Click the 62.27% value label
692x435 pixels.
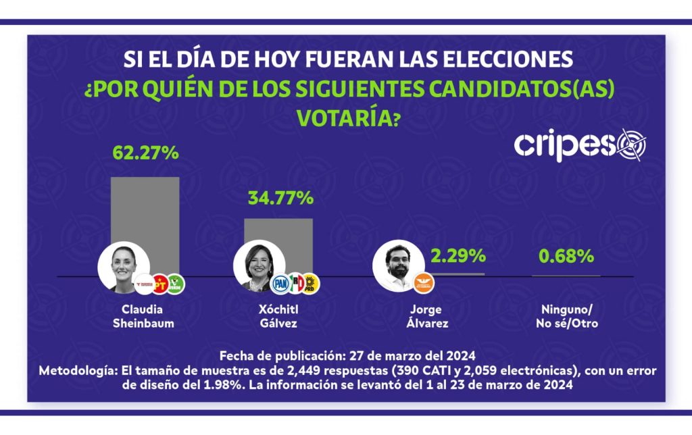point(145,153)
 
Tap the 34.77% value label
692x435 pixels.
point(280,198)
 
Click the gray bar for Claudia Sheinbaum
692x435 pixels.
point(145,209)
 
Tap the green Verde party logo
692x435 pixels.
point(176,284)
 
